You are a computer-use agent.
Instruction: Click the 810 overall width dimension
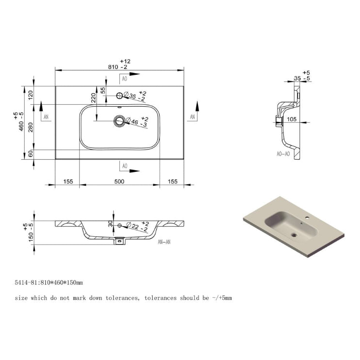click(x=114, y=67)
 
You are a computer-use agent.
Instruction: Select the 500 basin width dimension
click(x=119, y=181)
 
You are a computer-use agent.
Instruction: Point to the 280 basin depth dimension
click(x=31, y=127)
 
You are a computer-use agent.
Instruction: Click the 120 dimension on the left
click(x=31, y=95)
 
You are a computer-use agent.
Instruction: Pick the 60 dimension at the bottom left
click(x=31, y=154)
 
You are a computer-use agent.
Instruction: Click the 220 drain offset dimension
click(x=93, y=98)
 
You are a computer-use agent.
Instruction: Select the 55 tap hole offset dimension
click(x=103, y=90)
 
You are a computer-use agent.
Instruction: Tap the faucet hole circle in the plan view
click(x=119, y=96)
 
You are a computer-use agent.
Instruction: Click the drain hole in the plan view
click(x=119, y=120)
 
